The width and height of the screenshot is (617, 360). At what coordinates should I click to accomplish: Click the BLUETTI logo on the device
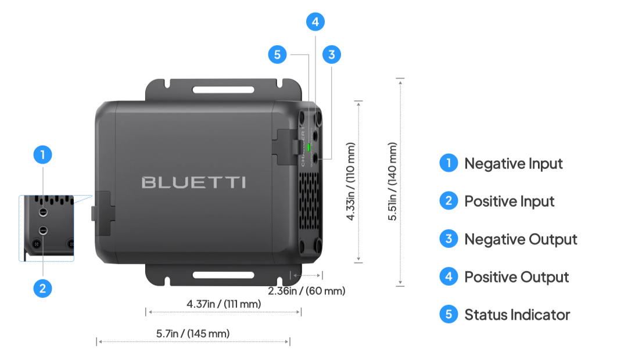pos(193,182)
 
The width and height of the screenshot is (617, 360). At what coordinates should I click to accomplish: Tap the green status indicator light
pos(308,147)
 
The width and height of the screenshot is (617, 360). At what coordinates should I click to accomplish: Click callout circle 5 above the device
pos(277,55)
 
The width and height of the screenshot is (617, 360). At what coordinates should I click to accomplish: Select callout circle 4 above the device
pos(315,22)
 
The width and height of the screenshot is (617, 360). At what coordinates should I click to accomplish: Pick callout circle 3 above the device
pos(331,55)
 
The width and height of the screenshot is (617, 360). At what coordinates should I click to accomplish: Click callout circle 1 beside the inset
pos(42,155)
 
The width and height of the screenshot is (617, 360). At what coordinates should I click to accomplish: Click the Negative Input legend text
pos(513,164)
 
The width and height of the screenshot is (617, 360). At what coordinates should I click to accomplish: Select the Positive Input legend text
pos(509,201)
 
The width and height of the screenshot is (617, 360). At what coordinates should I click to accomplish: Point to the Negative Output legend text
pos(521,239)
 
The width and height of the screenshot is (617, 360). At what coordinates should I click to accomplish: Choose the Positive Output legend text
pos(516,277)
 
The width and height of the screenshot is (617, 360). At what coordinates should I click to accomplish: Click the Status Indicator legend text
pos(516,315)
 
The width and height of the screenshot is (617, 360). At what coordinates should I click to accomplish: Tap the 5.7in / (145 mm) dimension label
pos(193,334)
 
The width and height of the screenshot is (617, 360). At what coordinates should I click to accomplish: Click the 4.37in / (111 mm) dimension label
pos(223,304)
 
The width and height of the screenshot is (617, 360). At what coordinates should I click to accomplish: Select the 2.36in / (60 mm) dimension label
pos(307,290)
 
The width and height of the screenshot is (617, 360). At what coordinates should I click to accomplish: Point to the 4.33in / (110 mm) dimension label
pos(351,181)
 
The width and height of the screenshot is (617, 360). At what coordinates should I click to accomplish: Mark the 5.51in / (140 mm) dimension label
pos(393,181)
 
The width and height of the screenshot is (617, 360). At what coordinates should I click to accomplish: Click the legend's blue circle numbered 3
pos(449,239)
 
